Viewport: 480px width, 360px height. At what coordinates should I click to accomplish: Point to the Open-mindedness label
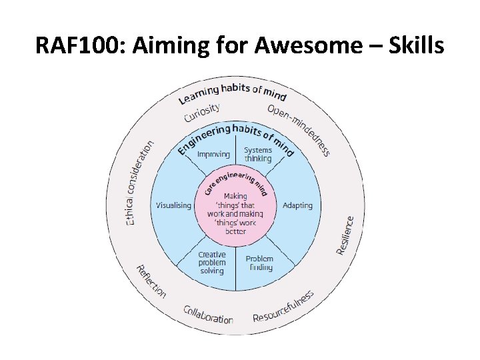(x=299, y=129)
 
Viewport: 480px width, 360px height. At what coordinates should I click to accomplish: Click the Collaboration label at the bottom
(x=208, y=315)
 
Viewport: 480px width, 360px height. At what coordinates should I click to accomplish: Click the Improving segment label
(x=213, y=155)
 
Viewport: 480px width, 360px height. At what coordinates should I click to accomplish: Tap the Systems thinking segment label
(x=257, y=155)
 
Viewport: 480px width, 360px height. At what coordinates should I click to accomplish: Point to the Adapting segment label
(x=297, y=205)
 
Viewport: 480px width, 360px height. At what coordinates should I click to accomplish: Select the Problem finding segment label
(x=259, y=263)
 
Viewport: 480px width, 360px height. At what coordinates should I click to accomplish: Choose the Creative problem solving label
(x=212, y=263)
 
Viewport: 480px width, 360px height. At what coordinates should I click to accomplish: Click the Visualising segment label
(x=173, y=205)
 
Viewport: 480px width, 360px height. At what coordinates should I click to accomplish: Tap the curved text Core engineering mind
(x=235, y=180)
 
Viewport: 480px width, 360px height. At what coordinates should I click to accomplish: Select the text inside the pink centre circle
(x=235, y=214)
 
